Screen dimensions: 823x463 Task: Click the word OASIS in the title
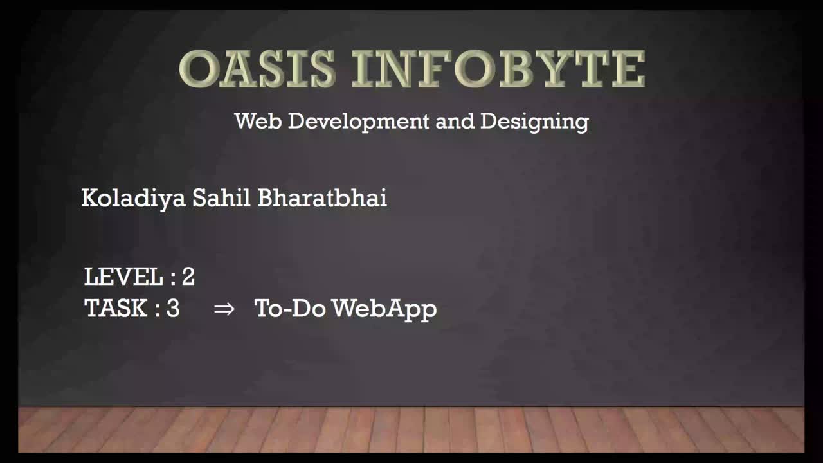(257, 69)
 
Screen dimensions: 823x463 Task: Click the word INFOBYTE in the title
(498, 69)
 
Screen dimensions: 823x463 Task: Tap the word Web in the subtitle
(258, 121)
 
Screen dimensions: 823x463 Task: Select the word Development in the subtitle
(358, 122)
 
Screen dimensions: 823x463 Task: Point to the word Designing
(534, 122)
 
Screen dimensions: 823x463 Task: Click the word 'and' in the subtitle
(455, 121)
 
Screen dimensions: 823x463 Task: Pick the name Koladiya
(133, 199)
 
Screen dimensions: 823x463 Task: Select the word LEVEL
(123, 277)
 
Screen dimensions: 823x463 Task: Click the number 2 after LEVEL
(188, 277)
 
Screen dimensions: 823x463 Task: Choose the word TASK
(116, 308)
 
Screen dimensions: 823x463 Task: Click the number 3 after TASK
(173, 308)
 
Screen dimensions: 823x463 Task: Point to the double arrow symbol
(224, 309)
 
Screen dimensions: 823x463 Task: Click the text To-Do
(290, 308)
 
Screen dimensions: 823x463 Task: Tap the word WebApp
(384, 309)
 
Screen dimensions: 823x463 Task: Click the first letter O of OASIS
(198, 69)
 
